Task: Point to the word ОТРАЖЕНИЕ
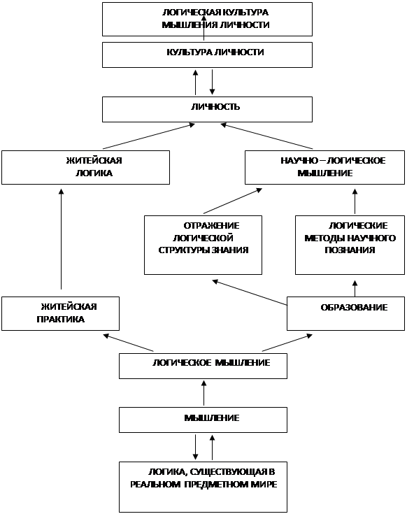tap(211, 225)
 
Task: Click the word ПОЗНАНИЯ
tap(350, 250)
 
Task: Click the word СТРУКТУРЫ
tap(183, 250)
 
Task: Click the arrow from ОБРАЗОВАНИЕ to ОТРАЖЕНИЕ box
tap(250, 292)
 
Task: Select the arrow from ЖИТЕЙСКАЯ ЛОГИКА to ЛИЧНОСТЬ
tap(149, 136)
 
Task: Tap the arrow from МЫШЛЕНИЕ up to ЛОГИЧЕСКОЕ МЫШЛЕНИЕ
tap(203, 393)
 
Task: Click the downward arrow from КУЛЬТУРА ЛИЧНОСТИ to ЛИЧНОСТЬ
tap(212, 82)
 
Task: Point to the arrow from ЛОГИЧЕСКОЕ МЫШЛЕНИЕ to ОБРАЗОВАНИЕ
tap(287, 343)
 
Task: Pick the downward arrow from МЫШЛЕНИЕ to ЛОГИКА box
tap(195, 447)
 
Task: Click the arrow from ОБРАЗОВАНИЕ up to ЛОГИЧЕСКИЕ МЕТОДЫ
tap(355, 288)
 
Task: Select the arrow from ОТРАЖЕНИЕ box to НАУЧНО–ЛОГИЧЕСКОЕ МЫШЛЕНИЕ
tap(233, 201)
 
